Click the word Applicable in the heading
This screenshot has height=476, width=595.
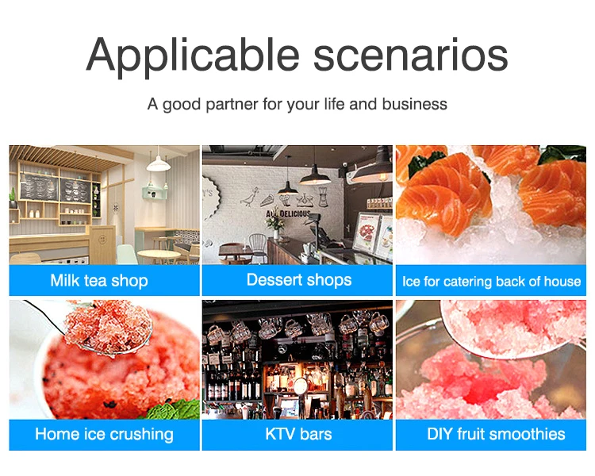[193, 56]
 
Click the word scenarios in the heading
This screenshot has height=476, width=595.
[411, 56]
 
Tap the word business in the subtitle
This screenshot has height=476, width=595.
[415, 104]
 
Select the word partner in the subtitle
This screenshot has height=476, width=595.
[232, 105]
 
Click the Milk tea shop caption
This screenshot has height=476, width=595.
[99, 281]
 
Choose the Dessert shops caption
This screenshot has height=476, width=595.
[299, 280]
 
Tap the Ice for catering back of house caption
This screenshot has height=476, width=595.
[491, 282]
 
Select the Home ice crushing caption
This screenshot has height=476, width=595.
[105, 434]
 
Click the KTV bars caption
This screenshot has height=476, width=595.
[298, 434]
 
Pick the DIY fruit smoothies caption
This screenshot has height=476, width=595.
[496, 434]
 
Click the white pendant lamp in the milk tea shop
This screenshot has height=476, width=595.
[158, 163]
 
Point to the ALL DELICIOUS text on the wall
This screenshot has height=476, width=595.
[288, 214]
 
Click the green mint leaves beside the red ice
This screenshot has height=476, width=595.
[175, 410]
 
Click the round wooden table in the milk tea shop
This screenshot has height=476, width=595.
[159, 255]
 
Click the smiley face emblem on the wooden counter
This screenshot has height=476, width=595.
[102, 240]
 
